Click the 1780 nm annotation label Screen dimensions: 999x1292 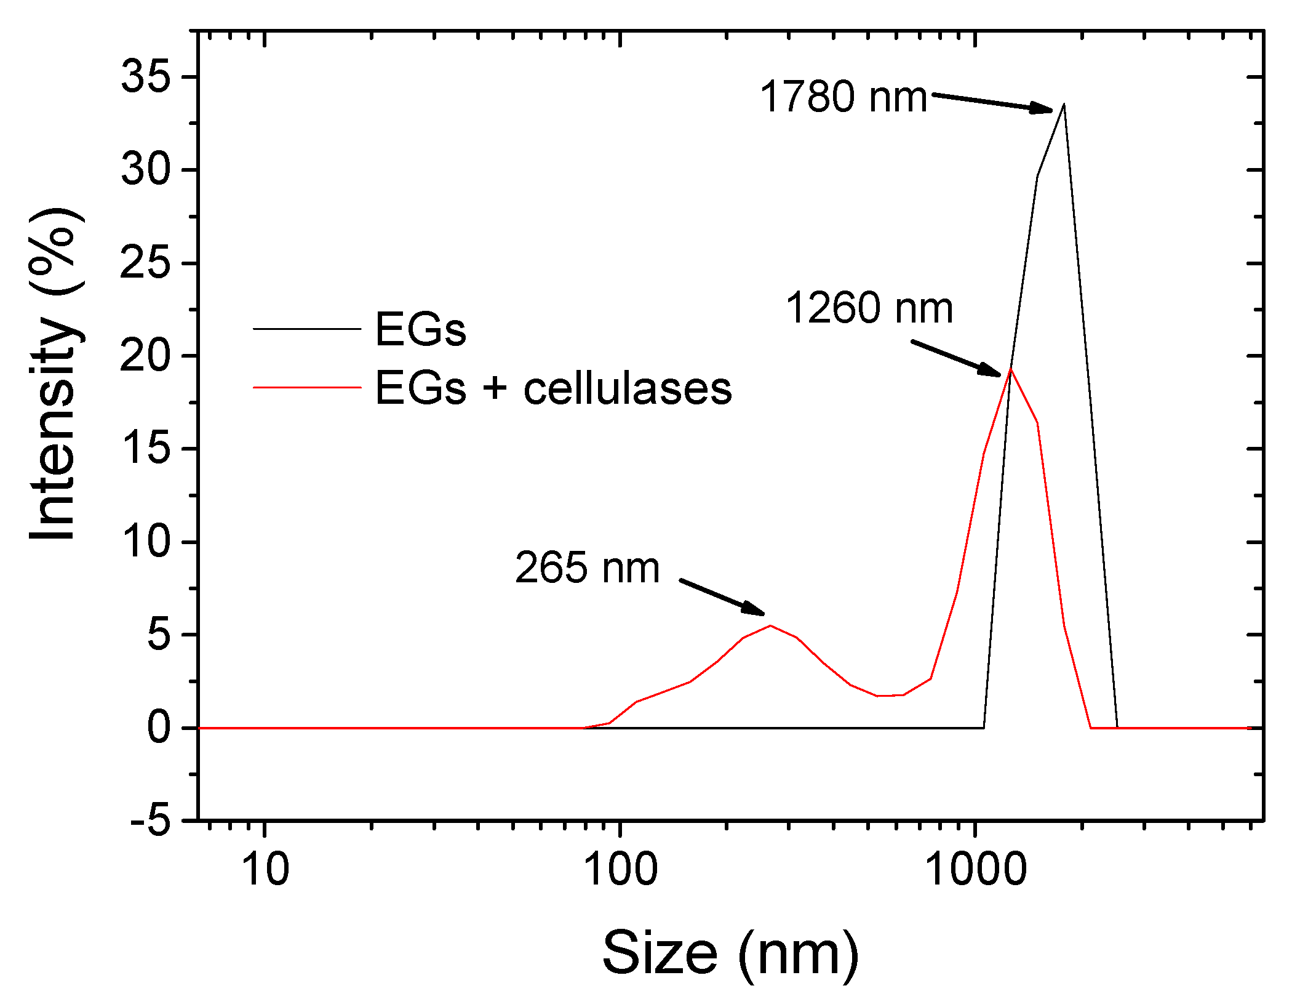pos(843,97)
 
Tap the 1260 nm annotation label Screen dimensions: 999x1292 pos(869,308)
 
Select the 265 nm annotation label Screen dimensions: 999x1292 pos(587,568)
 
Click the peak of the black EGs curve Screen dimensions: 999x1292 pos(1064,105)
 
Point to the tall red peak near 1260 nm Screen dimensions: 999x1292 pos(1010,370)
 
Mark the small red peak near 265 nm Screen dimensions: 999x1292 pos(770,626)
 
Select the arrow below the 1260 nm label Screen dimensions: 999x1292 pos(957,358)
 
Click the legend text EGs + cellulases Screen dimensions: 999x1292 pos(553,388)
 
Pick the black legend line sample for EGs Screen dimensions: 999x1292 pos(306,329)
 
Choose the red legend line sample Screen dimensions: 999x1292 pos(306,388)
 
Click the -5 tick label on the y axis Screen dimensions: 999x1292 pos(150,820)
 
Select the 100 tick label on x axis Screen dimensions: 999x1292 pos(620,870)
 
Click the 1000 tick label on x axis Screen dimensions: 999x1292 pos(976,870)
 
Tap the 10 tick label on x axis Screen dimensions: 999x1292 pos(265,870)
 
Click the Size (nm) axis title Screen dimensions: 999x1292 pos(730,953)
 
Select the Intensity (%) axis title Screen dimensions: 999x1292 pos(54,374)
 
